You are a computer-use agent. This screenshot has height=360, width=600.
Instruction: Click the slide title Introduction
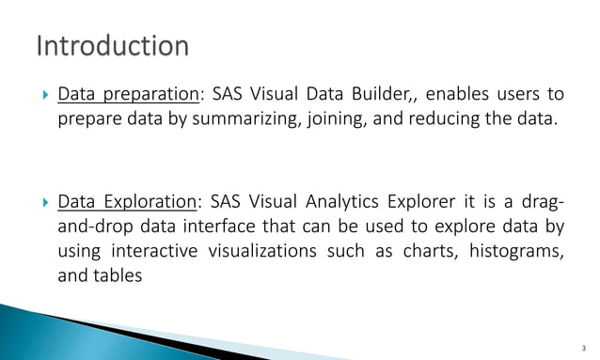click(112, 46)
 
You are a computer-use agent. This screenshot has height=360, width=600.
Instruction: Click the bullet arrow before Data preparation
click(37, 96)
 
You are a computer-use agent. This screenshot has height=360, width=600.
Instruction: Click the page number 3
click(584, 347)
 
